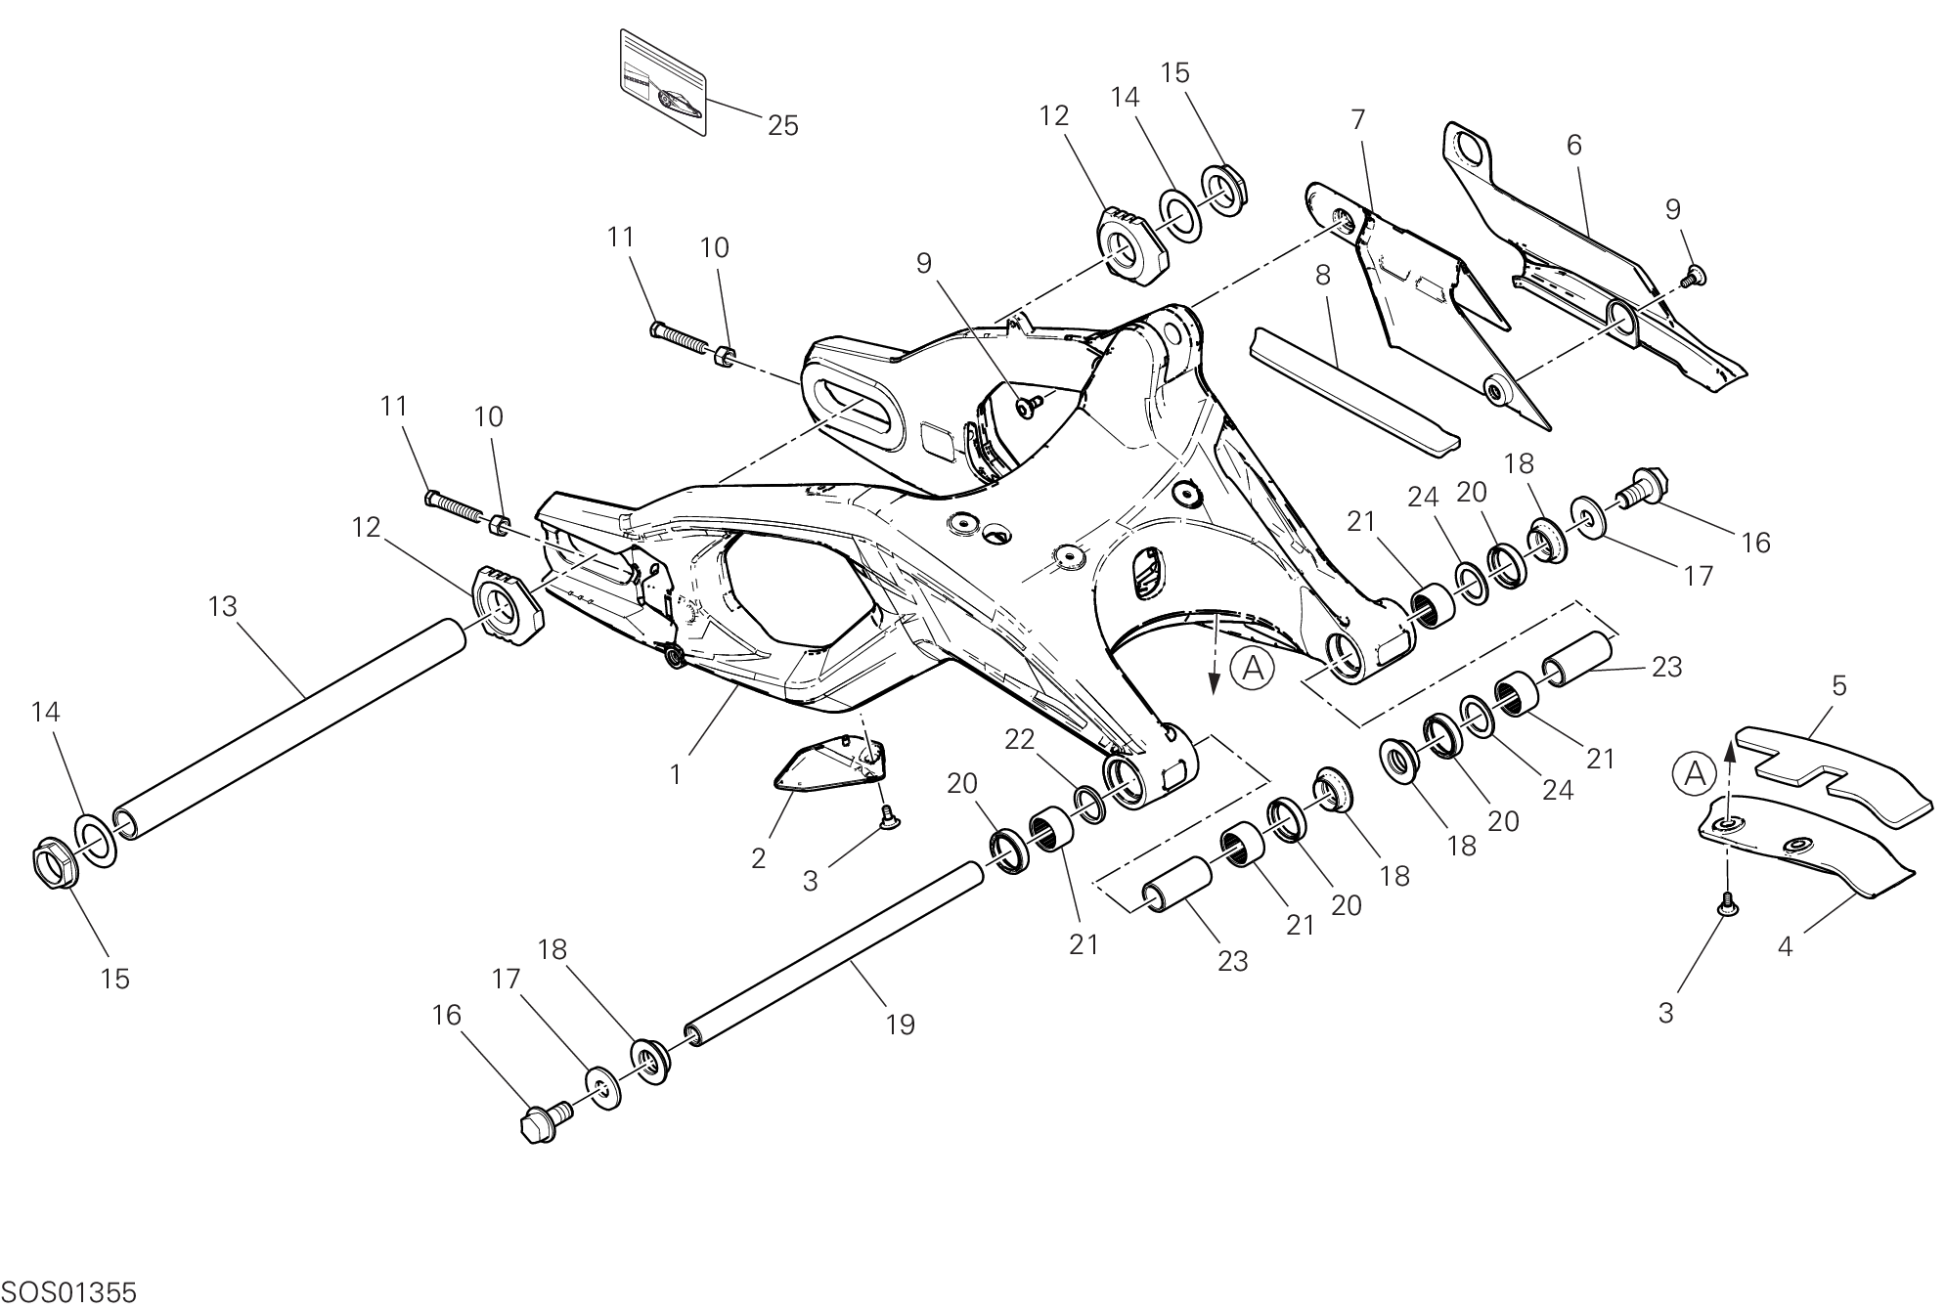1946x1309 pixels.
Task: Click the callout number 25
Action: point(783,126)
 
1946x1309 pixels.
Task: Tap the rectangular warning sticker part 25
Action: point(663,82)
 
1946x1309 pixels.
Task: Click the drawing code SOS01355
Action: point(68,1292)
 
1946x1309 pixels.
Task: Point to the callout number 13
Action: point(223,607)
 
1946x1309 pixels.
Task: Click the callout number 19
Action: point(901,1025)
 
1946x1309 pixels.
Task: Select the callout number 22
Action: point(1020,740)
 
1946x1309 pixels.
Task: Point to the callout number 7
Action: point(1357,119)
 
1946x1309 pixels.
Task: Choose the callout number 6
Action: point(1573,146)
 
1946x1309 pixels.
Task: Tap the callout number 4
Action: point(1785,946)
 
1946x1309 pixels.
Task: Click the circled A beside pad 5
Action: point(1695,774)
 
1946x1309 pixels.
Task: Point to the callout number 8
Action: point(1323,276)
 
